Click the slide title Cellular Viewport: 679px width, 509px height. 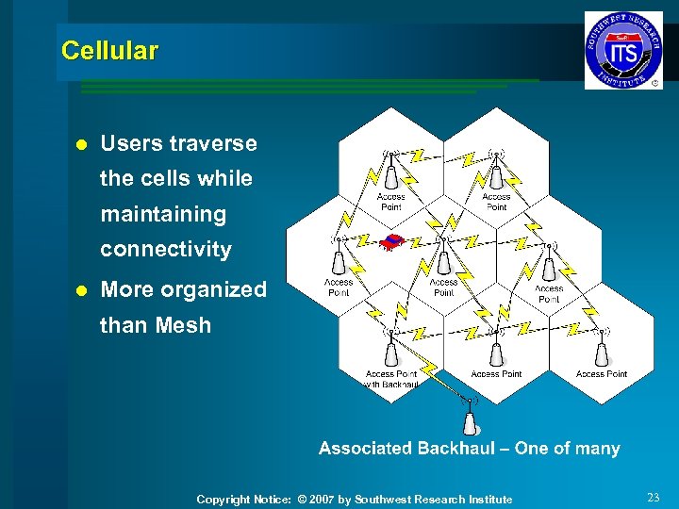109,51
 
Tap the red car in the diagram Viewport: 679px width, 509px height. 393,242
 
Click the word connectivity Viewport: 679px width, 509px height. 166,250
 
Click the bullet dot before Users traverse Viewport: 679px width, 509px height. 80,144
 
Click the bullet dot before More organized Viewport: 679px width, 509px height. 80,290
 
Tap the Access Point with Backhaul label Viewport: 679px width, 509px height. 390,379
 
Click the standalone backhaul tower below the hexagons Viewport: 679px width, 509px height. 469,418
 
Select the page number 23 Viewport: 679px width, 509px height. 654,497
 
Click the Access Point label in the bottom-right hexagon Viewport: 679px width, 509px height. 601,374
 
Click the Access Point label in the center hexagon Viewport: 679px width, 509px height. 443,287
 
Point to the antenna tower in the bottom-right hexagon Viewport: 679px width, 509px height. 601,352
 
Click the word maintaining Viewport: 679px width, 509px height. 163,214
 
